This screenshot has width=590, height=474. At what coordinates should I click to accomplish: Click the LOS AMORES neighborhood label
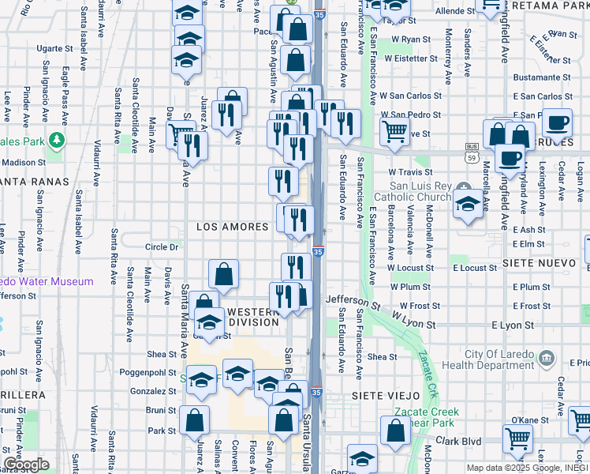pos(233,227)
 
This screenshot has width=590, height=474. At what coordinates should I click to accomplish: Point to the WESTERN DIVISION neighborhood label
pos(253,317)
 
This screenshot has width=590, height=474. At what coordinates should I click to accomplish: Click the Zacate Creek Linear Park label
pos(430,418)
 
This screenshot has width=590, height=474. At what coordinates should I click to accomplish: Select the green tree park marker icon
pos(56,141)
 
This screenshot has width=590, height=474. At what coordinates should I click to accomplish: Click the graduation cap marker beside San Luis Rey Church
pos(468,205)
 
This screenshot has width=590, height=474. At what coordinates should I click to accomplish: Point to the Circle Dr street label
pos(162,247)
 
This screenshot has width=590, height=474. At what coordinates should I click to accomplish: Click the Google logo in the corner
pos(26,465)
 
